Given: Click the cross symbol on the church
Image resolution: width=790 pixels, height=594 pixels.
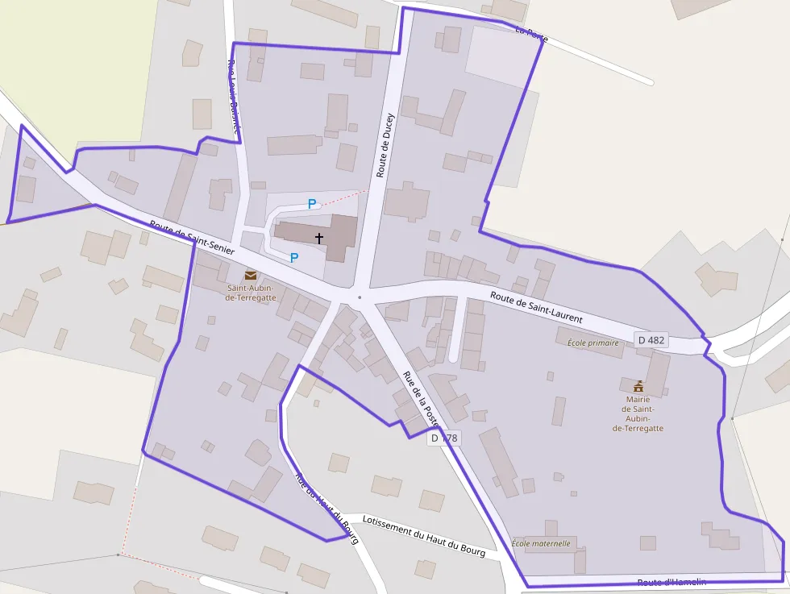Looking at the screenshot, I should pos(319,238).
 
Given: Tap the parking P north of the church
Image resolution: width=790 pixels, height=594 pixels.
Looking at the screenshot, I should pos(311,204).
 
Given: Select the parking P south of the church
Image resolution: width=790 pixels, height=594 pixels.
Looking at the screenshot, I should pos(294,257).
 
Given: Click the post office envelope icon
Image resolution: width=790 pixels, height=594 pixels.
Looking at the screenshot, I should pos(251,275).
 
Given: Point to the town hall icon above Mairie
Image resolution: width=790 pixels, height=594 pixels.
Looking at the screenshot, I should pos(638,385).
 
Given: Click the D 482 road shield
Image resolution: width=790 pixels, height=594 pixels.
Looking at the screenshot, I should pos(651,340).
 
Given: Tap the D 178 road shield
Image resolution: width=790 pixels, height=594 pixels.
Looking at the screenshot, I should pos(444,438).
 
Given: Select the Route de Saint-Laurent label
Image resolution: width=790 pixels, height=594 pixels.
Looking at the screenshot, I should pos(536,307).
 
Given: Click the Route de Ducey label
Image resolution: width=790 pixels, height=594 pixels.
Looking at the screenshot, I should pos(384,144).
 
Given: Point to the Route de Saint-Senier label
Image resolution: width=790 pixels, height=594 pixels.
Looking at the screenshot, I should pos(192,238).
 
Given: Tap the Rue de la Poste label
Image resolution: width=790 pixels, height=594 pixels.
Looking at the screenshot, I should pos(420,398).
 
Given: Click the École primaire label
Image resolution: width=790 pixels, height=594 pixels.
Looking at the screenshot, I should pos(592,343).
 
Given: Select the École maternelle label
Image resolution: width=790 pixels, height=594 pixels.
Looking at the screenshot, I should pos(541,543).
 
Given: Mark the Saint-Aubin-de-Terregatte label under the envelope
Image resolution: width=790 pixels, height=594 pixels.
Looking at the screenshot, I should pos(250,293).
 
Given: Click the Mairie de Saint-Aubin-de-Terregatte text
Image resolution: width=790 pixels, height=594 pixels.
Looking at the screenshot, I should pos(638,413).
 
